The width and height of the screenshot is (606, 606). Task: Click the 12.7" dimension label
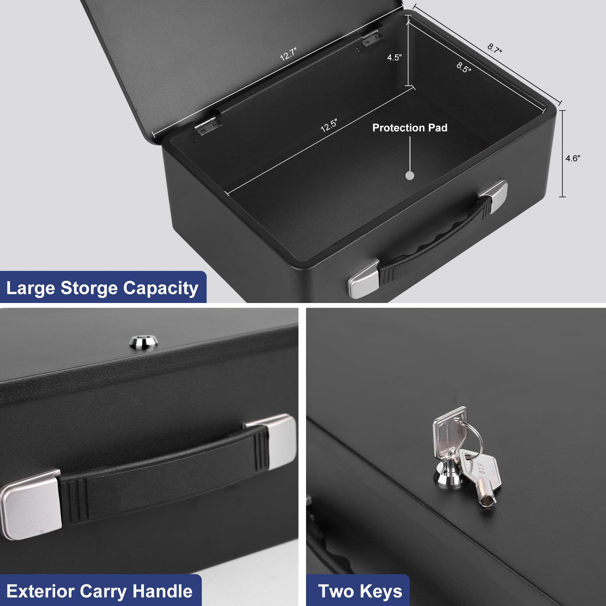(289, 54)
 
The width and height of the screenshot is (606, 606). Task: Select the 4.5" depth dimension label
(394, 57)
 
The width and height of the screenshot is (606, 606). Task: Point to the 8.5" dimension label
(464, 67)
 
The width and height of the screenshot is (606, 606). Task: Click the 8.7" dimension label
(495, 48)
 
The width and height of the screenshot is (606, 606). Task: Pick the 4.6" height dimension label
(573, 158)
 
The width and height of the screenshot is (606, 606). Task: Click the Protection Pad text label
(410, 128)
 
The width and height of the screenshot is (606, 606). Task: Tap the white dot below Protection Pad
(410, 175)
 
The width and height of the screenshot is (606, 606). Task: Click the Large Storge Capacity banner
(102, 288)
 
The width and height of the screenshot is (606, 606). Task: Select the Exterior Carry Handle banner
(99, 591)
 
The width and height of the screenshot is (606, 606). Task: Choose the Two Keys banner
(360, 591)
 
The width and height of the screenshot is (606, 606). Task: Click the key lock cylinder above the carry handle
(144, 341)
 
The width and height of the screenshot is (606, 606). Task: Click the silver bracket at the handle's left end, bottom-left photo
(31, 504)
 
